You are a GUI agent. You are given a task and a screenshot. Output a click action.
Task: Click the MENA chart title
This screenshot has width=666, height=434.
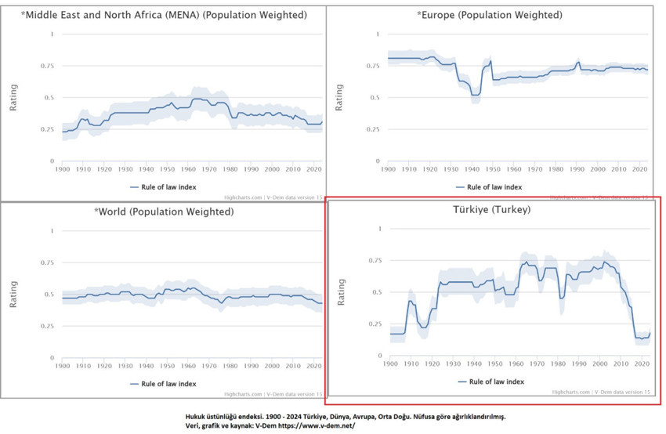coord(164,15)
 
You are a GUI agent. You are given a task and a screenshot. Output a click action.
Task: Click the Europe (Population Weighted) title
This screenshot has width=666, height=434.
coord(490,15)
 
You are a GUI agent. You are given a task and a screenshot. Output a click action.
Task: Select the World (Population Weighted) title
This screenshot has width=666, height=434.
coord(164,212)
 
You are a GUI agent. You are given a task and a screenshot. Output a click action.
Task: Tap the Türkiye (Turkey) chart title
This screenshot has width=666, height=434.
coord(491,210)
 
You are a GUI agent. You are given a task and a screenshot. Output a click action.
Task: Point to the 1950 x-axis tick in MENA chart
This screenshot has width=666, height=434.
coord(167,168)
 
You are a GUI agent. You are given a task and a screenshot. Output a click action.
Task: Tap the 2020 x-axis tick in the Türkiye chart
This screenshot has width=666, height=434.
coord(639,363)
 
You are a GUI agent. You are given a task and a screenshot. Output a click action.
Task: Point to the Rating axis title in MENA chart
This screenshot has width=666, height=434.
coord(13,97)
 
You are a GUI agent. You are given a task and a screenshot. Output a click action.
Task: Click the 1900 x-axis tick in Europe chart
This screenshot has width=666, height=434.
coord(388,168)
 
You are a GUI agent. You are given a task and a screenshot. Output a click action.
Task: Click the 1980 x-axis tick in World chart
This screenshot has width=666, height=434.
coord(230,366)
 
